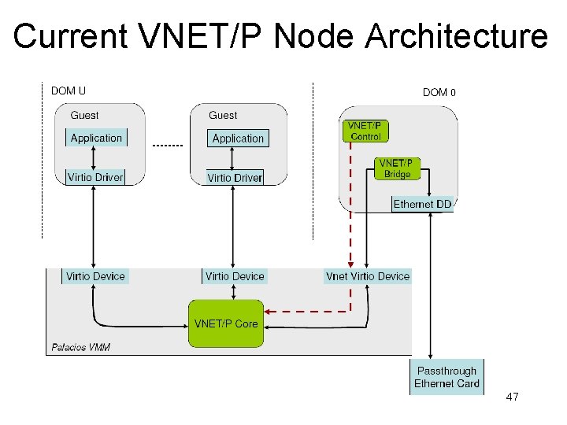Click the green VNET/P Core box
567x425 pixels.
(225, 323)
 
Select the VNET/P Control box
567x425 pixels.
(365, 131)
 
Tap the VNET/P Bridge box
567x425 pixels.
(397, 168)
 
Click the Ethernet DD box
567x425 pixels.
(423, 204)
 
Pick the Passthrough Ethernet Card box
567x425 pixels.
(447, 377)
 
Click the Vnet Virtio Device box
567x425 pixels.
(368, 275)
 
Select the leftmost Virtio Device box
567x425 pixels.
(95, 275)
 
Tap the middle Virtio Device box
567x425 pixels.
(235, 275)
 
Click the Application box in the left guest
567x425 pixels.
(96, 138)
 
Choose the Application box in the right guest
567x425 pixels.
(238, 139)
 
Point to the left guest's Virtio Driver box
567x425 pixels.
(95, 177)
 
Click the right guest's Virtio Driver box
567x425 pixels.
(235, 178)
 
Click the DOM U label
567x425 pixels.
(69, 91)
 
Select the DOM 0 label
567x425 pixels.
(439, 92)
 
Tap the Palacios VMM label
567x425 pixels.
(80, 347)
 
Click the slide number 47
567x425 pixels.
(512, 397)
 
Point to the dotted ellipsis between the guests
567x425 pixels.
(166, 146)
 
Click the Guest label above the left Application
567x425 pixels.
(84, 115)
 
